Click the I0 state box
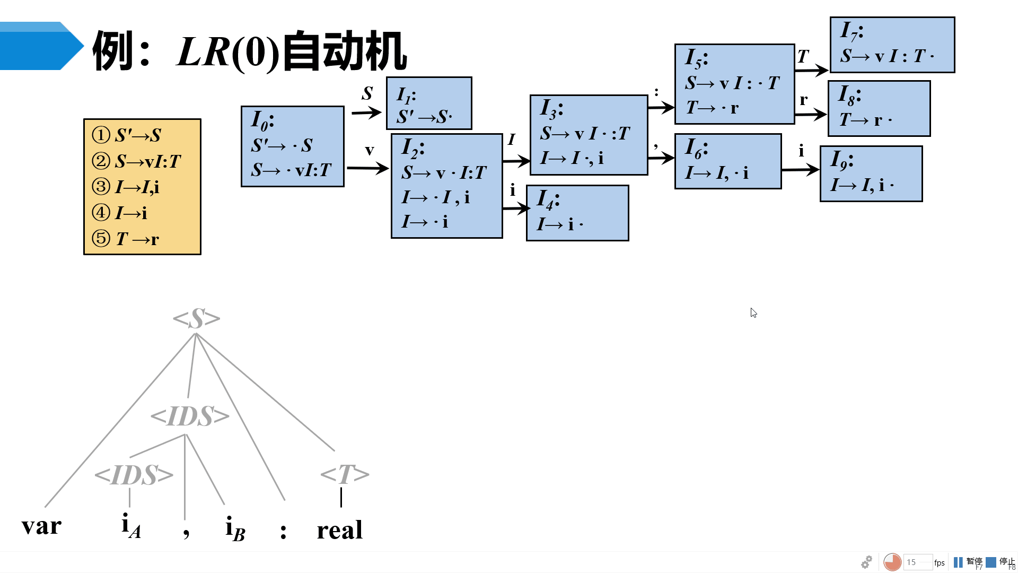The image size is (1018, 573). tap(292, 146)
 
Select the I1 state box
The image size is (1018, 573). tap(429, 103)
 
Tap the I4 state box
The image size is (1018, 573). tap(577, 213)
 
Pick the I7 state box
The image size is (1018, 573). tap(892, 45)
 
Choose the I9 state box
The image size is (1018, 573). tap(871, 174)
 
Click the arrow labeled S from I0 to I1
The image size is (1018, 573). tap(366, 112)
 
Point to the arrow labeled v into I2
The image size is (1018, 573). tap(367, 168)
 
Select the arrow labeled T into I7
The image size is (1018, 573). tap(811, 70)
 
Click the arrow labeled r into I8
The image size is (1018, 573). tap(811, 114)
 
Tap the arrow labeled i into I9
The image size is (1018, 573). tap(800, 170)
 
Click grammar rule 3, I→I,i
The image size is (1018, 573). tap(137, 187)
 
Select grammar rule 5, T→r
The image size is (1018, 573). tap(137, 239)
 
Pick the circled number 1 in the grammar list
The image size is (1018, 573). tap(101, 135)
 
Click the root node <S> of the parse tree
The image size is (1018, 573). tap(196, 319)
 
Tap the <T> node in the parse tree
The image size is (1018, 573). tap(345, 474)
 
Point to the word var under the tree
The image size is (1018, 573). tap(41, 526)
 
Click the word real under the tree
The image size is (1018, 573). tap(340, 529)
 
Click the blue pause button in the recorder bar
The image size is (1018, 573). tap(958, 562)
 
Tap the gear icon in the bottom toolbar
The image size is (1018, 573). tap(866, 562)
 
